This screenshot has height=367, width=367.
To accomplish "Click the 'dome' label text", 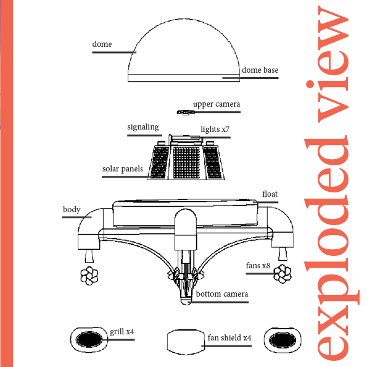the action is click(102, 44).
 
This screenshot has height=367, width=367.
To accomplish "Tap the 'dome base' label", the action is click(260, 70).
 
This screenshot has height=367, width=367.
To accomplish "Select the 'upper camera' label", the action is click(216, 104).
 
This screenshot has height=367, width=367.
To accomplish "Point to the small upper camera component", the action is click(186, 112).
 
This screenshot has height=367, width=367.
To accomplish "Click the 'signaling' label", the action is click(143, 127).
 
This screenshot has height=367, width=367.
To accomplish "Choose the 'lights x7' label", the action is click(215, 129).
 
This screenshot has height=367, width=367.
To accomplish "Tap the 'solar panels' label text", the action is click(122, 169).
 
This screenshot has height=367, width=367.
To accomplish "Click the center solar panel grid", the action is click(186, 162).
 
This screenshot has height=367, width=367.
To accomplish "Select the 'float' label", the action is click(270, 194).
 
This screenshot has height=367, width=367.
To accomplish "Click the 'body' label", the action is click(72, 209).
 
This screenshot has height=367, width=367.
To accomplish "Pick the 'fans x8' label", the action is click(258, 265).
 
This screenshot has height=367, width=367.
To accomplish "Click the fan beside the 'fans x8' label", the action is click(282, 274).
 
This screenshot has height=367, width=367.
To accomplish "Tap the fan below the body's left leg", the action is click(89, 276).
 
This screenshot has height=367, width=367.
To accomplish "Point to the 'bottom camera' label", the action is click(222, 294).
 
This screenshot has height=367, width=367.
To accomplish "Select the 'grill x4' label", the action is click(122, 332).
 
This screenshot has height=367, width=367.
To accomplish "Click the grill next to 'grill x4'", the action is click(89, 340).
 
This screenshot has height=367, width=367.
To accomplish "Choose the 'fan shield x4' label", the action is click(229, 338).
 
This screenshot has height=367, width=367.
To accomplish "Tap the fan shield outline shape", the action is click(167, 342).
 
